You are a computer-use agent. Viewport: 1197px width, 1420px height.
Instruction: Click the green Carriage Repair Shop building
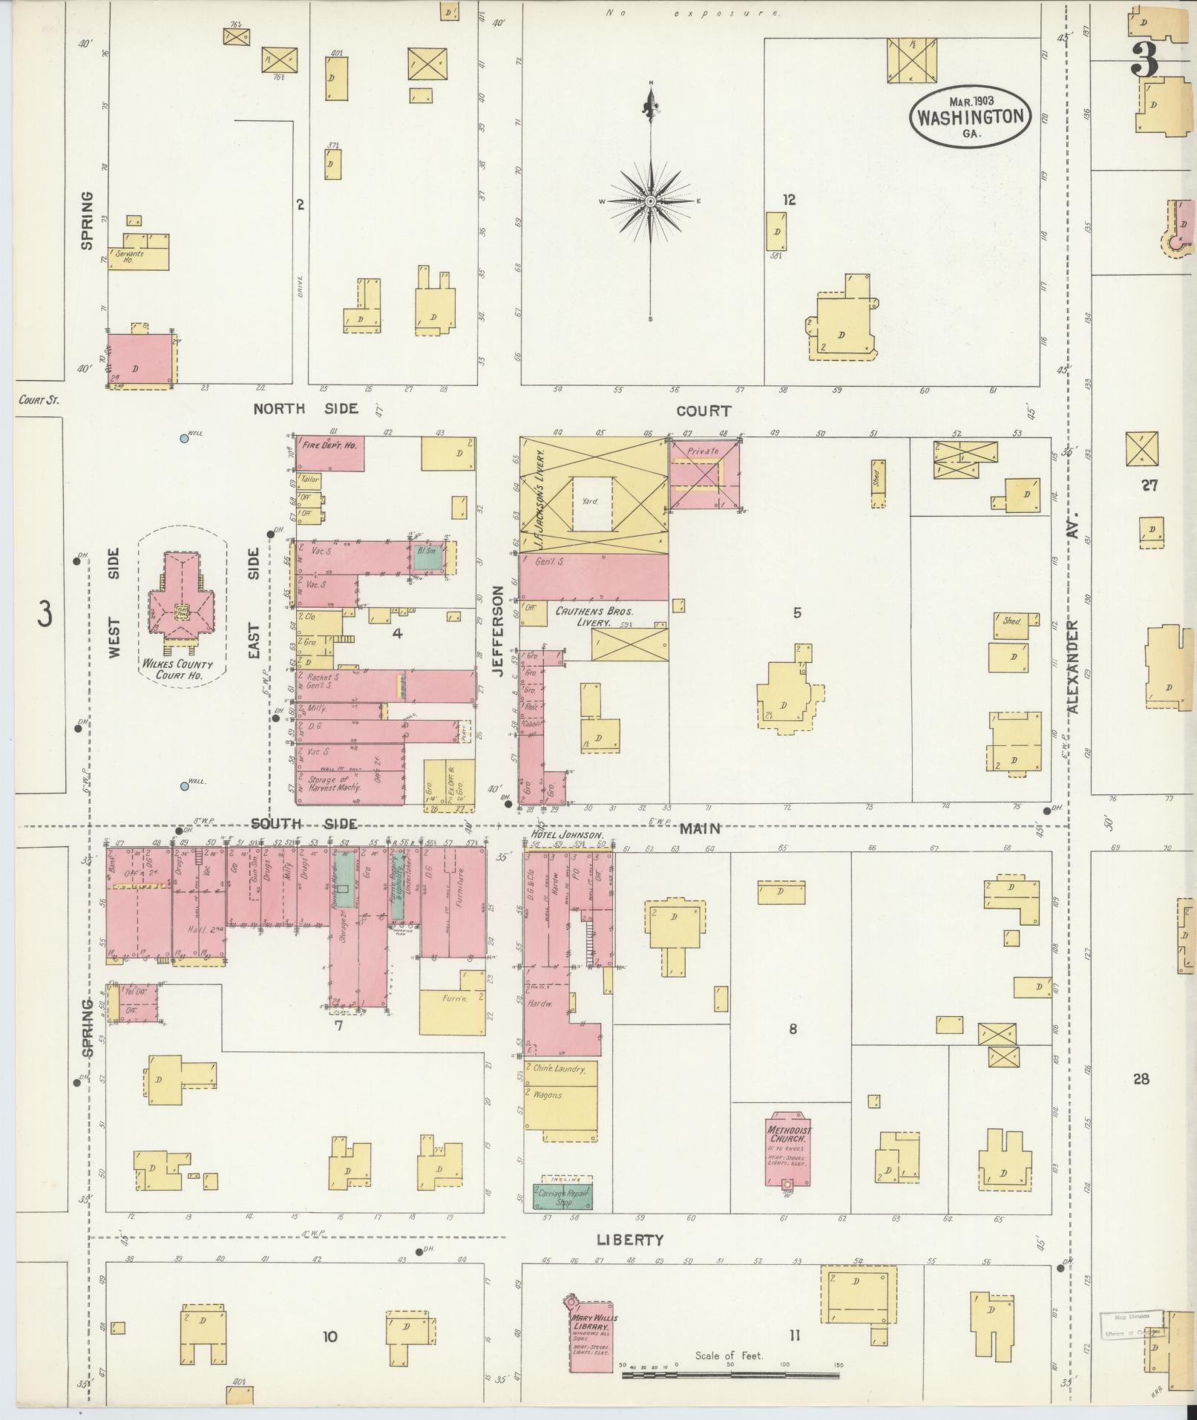pyautogui.click(x=563, y=1197)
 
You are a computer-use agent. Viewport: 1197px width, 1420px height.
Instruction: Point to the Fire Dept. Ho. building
pyautogui.click(x=330, y=452)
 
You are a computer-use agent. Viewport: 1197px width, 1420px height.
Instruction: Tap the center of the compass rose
pyautogui.click(x=651, y=200)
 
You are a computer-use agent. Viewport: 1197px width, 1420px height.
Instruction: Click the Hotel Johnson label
pyautogui.click(x=565, y=835)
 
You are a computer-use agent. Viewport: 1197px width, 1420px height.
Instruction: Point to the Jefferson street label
pyautogui.click(x=497, y=630)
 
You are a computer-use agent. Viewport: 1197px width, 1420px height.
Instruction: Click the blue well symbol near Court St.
pyautogui.click(x=183, y=438)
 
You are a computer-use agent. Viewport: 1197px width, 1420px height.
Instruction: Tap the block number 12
pyautogui.click(x=788, y=200)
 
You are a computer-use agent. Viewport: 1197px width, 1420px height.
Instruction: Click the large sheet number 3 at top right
pyautogui.click(x=1144, y=59)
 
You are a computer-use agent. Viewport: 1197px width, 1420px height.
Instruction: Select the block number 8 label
pyautogui.click(x=793, y=1029)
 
